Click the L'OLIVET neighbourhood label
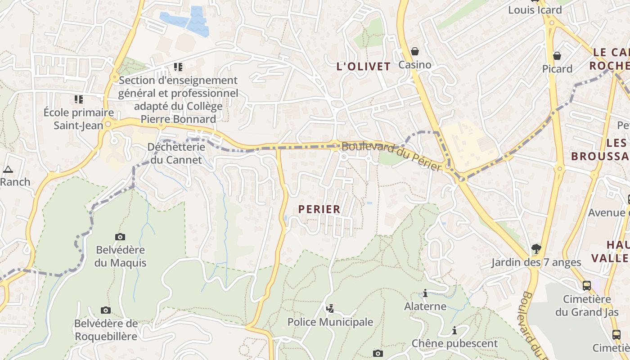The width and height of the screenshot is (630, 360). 364,67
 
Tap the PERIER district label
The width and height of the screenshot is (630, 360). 319,209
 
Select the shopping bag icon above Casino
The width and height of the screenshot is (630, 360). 415,52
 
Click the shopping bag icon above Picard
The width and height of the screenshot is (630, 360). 557,56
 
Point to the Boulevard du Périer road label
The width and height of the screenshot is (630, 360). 391,156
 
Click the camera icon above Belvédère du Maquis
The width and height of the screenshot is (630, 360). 120,237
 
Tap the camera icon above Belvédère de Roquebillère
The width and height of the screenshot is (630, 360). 106,310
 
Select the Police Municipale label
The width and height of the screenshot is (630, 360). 330,322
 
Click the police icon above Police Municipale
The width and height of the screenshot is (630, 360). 330,308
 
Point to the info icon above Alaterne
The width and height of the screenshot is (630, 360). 425,293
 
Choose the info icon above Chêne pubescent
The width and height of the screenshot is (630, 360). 454,331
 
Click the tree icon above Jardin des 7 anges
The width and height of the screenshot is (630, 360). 536,248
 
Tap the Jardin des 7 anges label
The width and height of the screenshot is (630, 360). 536,262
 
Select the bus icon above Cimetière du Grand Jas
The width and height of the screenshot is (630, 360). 587,285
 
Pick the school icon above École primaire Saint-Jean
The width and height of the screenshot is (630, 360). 79,99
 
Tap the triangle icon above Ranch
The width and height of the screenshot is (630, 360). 8,170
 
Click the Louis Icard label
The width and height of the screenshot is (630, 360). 535,10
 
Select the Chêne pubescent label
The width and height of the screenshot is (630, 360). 454,344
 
